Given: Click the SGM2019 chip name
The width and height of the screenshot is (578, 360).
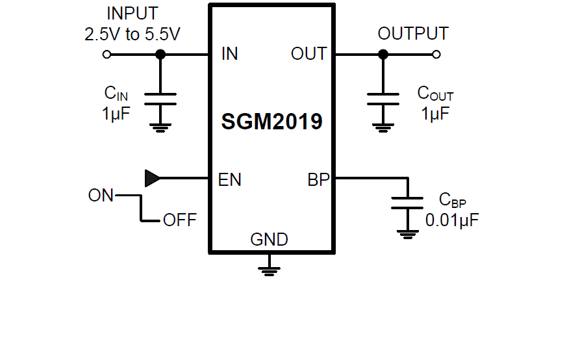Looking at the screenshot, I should click(x=271, y=122).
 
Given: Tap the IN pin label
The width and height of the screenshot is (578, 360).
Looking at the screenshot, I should click(x=229, y=54).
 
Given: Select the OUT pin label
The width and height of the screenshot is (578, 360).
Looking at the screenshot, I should click(x=308, y=54).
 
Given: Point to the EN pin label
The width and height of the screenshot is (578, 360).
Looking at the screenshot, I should click(x=230, y=179).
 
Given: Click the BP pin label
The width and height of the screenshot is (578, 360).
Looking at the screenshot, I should click(x=318, y=179).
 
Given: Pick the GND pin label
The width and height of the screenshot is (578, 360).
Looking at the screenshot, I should click(x=269, y=239).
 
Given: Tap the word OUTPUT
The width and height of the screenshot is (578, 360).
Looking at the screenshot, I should click(x=413, y=34).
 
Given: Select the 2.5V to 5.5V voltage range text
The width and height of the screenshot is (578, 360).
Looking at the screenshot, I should click(x=132, y=34).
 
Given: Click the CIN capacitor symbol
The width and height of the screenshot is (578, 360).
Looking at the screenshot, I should click(x=160, y=99).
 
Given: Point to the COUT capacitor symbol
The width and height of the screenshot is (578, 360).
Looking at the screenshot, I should click(x=383, y=99).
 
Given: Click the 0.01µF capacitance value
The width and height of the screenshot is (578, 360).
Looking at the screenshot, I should click(x=452, y=220).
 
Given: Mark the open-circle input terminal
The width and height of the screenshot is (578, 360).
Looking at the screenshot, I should click(x=107, y=55).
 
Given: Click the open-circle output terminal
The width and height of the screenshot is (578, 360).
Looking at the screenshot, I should click(x=436, y=55).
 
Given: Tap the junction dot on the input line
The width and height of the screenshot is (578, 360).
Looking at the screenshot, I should click(x=160, y=55).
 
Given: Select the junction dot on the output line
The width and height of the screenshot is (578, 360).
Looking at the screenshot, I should click(x=383, y=55).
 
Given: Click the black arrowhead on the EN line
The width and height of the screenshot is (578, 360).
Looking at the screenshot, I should click(x=152, y=178).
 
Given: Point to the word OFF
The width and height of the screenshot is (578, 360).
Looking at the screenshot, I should click(x=179, y=220).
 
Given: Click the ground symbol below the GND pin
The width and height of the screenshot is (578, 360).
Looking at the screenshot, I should click(x=269, y=268).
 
